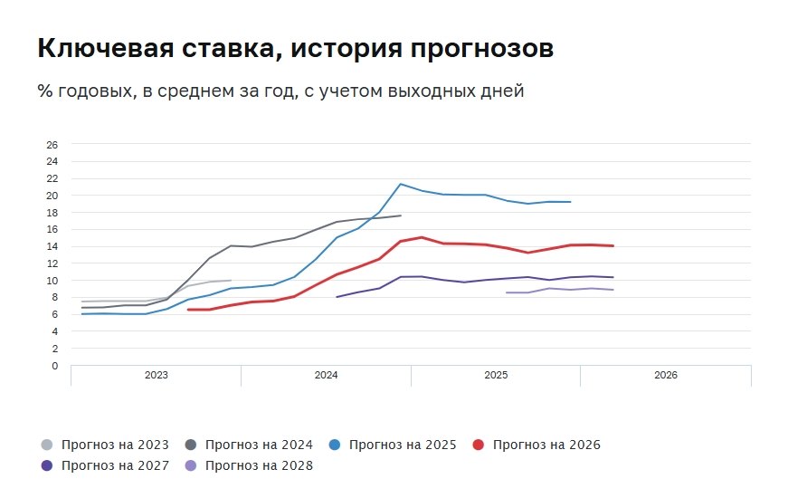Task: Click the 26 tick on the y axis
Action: tap(52, 145)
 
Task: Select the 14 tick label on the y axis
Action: tap(52, 247)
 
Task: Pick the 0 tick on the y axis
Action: tap(54, 366)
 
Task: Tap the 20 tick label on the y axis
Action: tap(52, 196)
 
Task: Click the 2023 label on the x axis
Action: tap(157, 375)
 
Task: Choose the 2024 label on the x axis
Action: tap(326, 375)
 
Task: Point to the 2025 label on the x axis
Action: tap(496, 375)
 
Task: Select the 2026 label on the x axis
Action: tap(665, 375)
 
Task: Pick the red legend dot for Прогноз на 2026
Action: tap(479, 445)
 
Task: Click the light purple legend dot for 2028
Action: tap(191, 466)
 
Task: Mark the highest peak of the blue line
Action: tap(401, 184)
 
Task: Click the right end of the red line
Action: tap(613, 245)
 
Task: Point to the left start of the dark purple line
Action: tap(337, 297)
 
